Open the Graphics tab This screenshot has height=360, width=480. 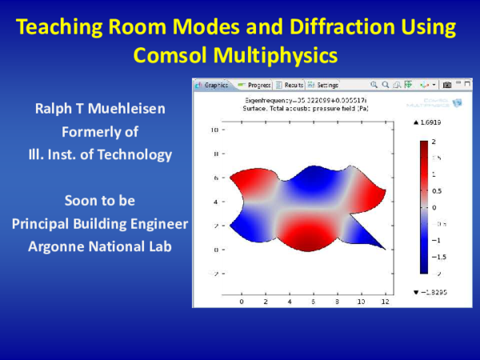coord(213,85)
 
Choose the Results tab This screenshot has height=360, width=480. coord(289,85)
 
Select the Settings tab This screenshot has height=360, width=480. coord(323,85)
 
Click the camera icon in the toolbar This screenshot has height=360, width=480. coord(447,85)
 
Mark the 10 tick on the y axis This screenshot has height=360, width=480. coord(214,129)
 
